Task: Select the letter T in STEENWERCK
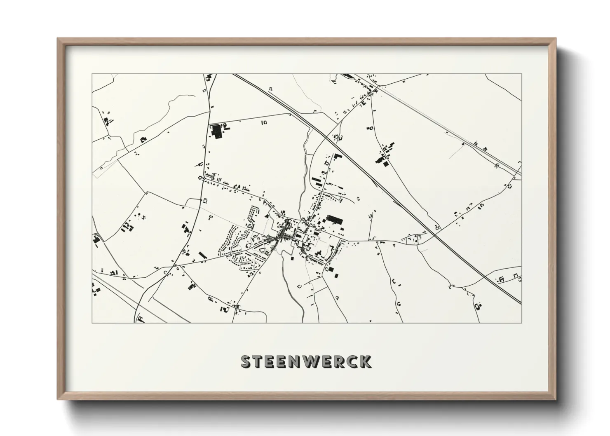258,362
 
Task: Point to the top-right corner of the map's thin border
521,74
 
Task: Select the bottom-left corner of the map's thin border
92,323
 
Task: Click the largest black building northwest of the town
216,130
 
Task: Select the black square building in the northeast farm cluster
386,164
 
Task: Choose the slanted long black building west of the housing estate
202,256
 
